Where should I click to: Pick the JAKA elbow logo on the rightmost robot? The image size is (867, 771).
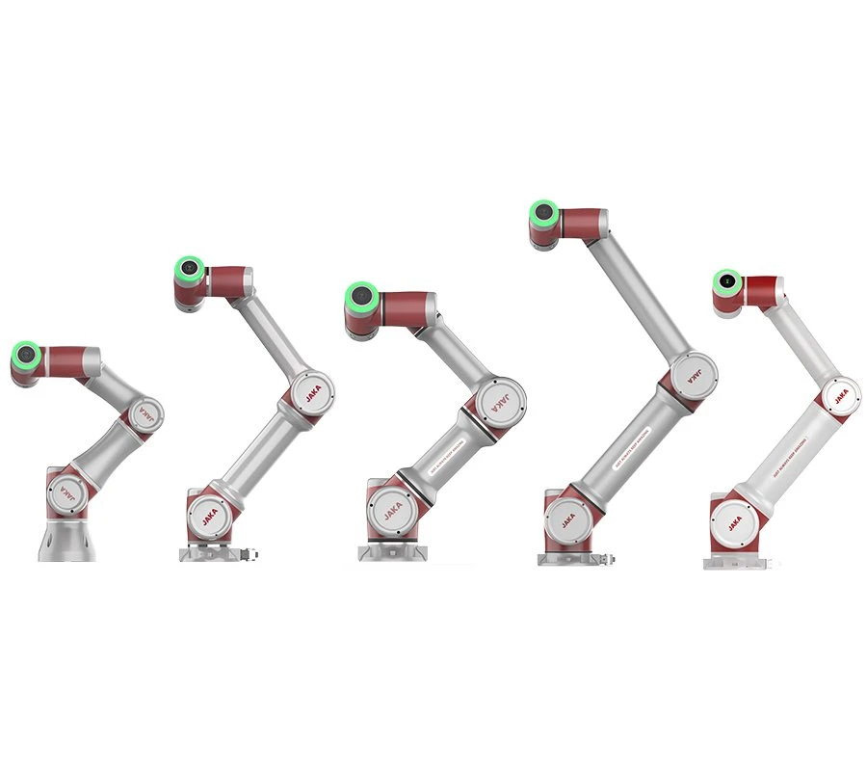(x=841, y=396)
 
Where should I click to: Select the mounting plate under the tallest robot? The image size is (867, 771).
(x=574, y=558)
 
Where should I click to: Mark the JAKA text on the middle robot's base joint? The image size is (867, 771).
(x=392, y=510)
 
